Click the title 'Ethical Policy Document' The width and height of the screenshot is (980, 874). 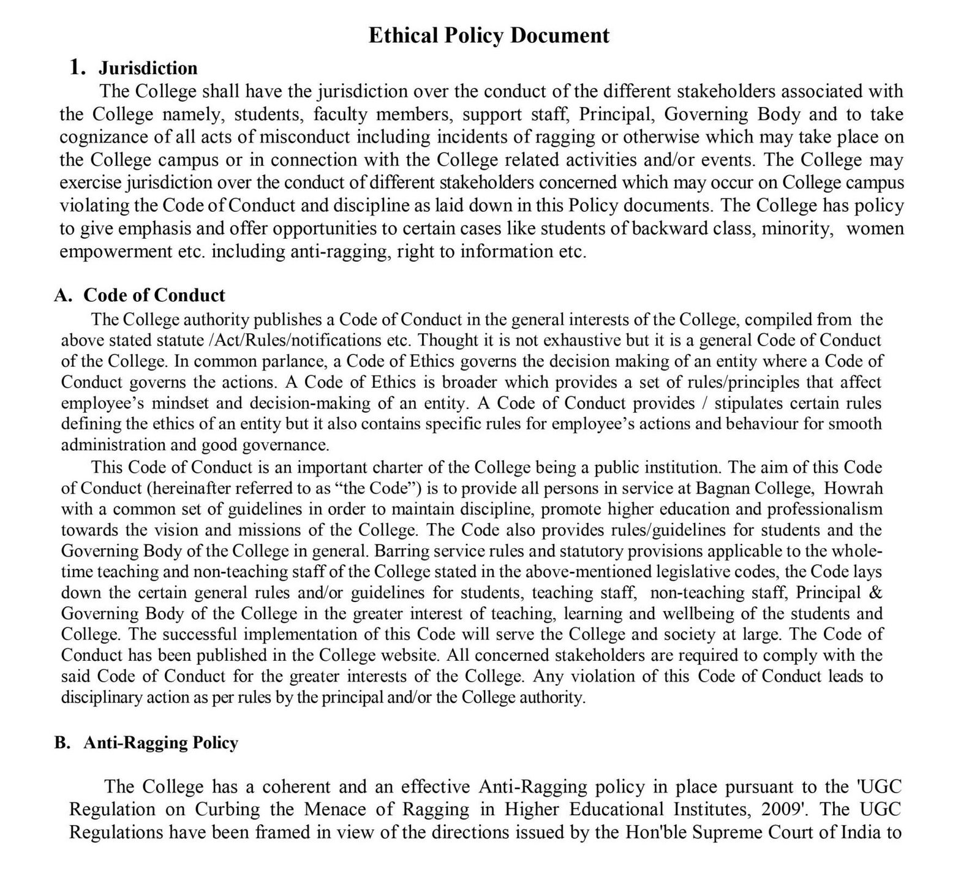489,36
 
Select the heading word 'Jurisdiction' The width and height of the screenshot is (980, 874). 148,67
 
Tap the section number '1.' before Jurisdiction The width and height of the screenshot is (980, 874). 77,67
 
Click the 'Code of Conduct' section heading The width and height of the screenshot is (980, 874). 154,295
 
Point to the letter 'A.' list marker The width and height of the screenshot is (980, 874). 64,295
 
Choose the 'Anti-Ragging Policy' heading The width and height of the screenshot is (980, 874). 160,743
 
